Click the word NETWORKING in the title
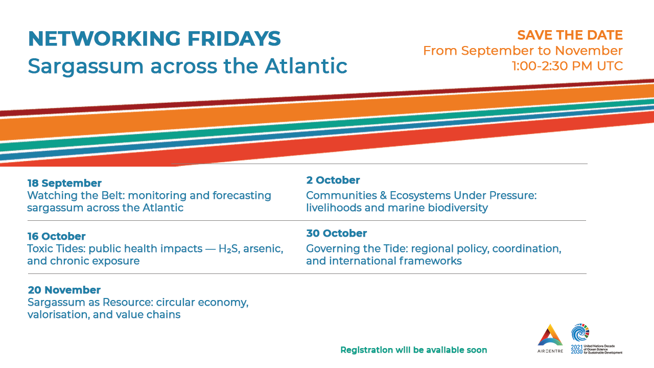tap(105, 38)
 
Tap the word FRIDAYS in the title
tap(234, 38)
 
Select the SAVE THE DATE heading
tap(570, 35)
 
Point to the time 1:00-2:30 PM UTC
tap(567, 66)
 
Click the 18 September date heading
tap(64, 183)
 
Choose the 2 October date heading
tap(333, 180)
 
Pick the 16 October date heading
tap(56, 236)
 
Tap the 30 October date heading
tap(336, 234)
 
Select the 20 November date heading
tap(64, 290)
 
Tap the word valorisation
tap(59, 314)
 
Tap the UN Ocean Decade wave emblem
tap(580, 332)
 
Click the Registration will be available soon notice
tap(414, 350)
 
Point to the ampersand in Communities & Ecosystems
tap(383, 195)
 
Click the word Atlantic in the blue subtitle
tap(306, 66)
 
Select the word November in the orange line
tap(589, 51)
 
